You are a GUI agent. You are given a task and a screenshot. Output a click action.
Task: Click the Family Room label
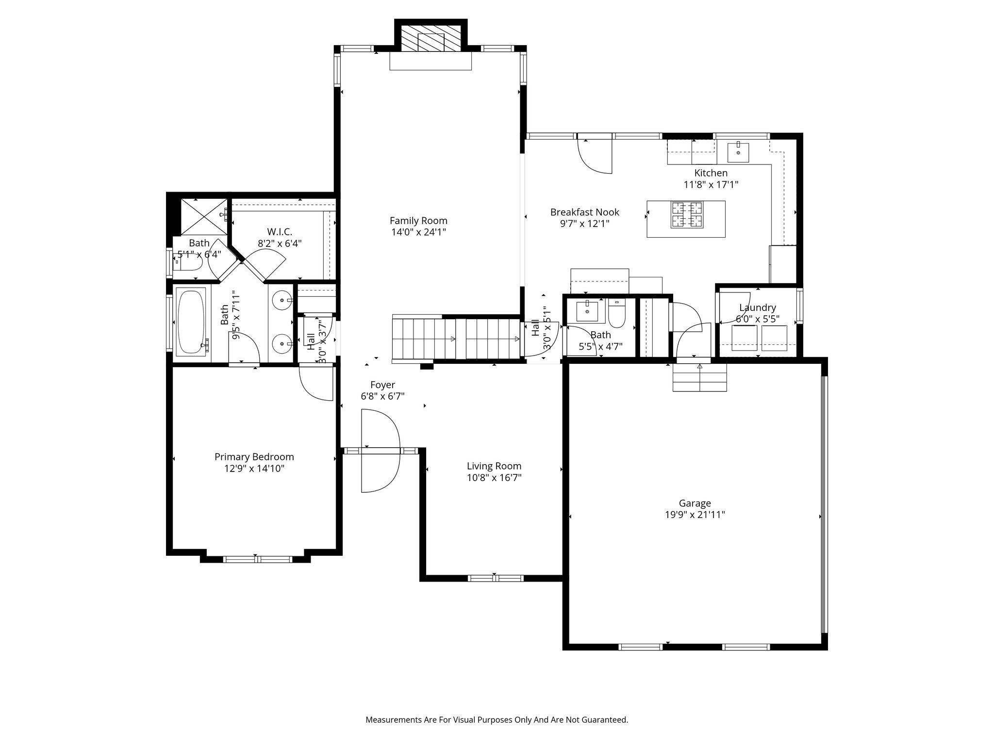(418, 221)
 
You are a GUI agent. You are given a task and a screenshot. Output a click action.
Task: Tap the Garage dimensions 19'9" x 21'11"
(695, 515)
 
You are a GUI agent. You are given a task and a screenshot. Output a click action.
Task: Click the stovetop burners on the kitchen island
(686, 214)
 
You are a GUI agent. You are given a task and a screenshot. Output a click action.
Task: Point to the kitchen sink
(738, 152)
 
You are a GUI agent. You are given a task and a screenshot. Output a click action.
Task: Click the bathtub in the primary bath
(192, 321)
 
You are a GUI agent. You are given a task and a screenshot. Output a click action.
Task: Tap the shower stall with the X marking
(204, 216)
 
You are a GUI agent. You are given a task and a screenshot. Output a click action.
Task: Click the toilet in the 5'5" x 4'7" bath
(617, 314)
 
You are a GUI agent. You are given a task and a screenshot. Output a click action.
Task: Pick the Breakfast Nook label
(584, 212)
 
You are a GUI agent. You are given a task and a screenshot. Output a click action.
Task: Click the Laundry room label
(757, 308)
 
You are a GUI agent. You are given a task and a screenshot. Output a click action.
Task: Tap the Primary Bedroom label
(254, 457)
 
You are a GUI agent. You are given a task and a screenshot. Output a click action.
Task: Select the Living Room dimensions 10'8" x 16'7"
(494, 478)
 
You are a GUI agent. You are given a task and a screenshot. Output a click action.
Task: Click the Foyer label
(382, 385)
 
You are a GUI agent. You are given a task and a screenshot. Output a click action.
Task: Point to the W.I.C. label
(280, 232)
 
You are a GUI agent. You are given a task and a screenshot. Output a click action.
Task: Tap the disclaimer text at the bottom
(497, 720)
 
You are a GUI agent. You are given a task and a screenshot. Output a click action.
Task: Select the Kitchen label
(711, 173)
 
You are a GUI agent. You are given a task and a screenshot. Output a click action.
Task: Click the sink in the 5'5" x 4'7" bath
(587, 311)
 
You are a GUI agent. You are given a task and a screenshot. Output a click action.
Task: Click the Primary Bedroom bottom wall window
(257, 559)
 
